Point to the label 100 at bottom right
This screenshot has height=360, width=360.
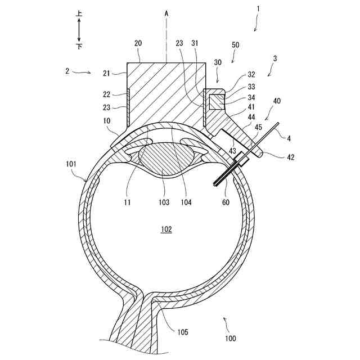tap(230, 339)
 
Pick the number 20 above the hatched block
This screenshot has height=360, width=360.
tap(138, 43)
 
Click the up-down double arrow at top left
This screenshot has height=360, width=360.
tap(79, 28)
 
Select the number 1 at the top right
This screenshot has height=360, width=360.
tap(258, 9)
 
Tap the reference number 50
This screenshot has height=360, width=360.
tap(235, 44)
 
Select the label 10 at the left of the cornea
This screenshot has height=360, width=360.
tap(107, 121)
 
